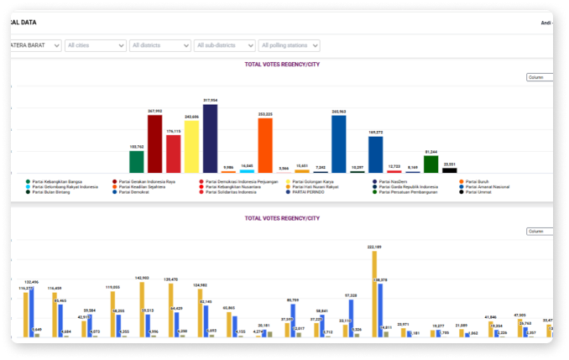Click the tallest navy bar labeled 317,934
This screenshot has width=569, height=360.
coord(210,138)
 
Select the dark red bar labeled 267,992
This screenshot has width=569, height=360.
coord(154,143)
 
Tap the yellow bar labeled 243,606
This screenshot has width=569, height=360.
coord(191,147)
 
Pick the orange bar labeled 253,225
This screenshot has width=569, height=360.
coord(265,145)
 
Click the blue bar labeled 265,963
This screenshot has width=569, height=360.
coord(339,143)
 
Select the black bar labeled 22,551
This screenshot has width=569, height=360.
coord(450,170)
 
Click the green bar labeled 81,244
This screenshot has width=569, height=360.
coord(431,164)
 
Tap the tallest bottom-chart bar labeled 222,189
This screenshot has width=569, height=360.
coord(374,294)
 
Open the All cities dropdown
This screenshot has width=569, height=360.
coord(96,45)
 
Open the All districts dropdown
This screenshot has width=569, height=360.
coord(159,45)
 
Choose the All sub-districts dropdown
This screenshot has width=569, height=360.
coord(225,45)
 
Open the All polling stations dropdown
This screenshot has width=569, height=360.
coord(289,45)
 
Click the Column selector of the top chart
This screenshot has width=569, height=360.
coord(539,77)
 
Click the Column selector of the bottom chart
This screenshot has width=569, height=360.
coord(539,231)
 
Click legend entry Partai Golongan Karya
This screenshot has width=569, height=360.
coord(311,181)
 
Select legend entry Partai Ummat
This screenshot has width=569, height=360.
coord(479,191)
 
